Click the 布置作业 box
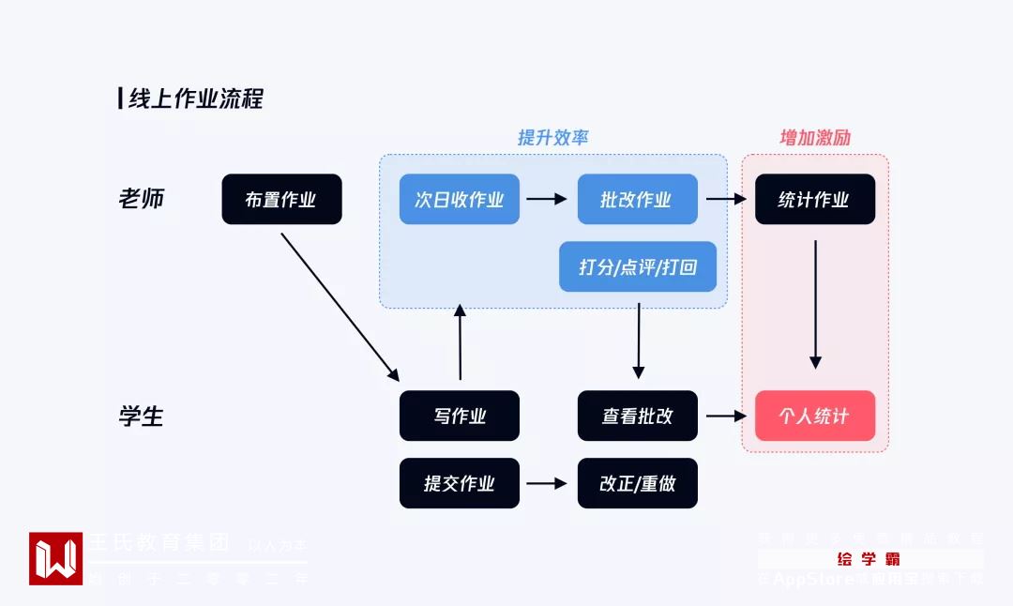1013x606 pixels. point(281,199)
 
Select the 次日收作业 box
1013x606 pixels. point(459,199)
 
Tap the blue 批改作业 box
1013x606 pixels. point(637,199)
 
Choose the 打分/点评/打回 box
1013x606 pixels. point(638,267)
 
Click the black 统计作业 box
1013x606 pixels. point(814,199)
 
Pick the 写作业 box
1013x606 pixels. point(459,416)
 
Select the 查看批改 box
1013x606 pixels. point(637,416)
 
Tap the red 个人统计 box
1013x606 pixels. point(814,416)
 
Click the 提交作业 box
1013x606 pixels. point(459,483)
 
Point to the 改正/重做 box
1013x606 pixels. point(637,483)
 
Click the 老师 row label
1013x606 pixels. point(142,199)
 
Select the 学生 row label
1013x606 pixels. point(142,416)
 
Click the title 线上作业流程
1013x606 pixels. point(195,98)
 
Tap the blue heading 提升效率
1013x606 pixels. point(553,137)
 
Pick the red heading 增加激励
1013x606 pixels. point(815,137)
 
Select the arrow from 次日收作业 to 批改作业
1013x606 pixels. point(547,199)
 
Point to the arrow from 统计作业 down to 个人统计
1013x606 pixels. point(815,304)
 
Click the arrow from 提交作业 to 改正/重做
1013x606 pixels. point(547,483)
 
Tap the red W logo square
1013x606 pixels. point(55,558)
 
